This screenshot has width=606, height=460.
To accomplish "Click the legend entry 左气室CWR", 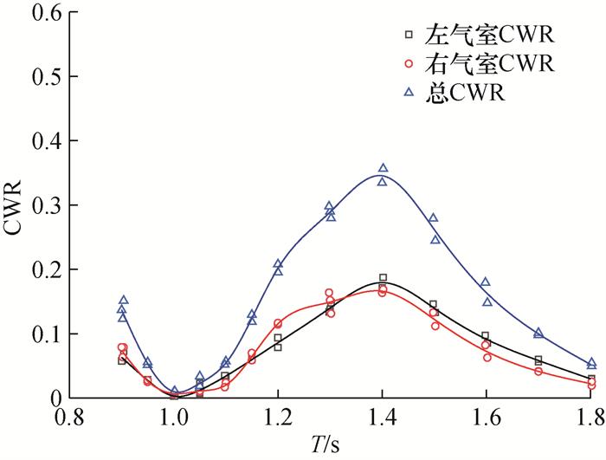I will pos(489,36).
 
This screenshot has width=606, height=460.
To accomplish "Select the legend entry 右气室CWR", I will pos(489,63).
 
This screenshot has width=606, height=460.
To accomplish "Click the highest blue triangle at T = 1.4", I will pos(383,168).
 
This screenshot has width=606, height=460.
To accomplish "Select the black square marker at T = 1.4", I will pos(383,278).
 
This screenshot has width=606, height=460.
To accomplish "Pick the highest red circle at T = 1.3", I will pos(329,294).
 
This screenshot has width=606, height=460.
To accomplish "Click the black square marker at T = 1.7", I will pos(538,360).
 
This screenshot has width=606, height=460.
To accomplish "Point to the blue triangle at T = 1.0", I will pos(175,392).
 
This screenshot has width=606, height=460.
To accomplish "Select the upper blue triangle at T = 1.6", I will pos(486,282).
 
